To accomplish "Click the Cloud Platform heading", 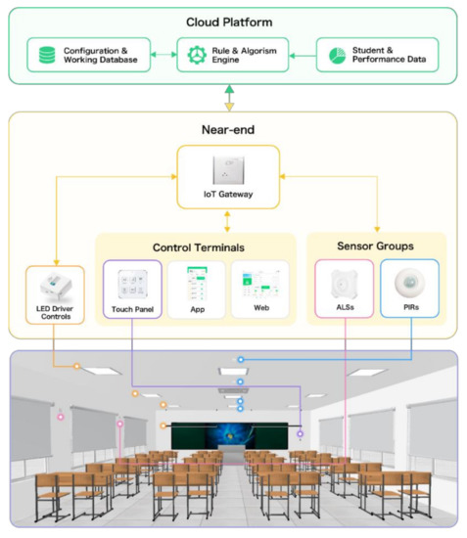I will pyautogui.click(x=230, y=22).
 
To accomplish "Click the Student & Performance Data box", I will pyautogui.click(x=376, y=56).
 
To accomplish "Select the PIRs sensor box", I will pyautogui.click(x=408, y=290).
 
